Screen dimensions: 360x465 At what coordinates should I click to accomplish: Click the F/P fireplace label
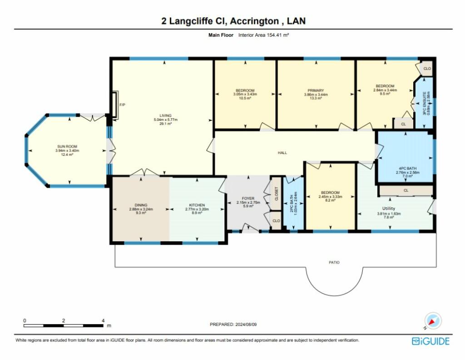pyautogui.click(x=122, y=105)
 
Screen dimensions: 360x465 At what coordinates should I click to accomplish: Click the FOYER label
pyautogui.click(x=248, y=198)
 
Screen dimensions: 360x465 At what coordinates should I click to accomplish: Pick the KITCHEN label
pyautogui.click(x=197, y=205)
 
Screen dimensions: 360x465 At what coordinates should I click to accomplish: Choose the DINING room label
pyautogui.click(x=141, y=205)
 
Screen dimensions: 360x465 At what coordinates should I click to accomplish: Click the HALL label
pyautogui.click(x=282, y=153)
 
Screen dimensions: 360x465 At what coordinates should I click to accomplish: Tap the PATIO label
pyautogui.click(x=334, y=262)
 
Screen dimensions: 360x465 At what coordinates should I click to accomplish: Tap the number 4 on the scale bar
pyautogui.click(x=103, y=320)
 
